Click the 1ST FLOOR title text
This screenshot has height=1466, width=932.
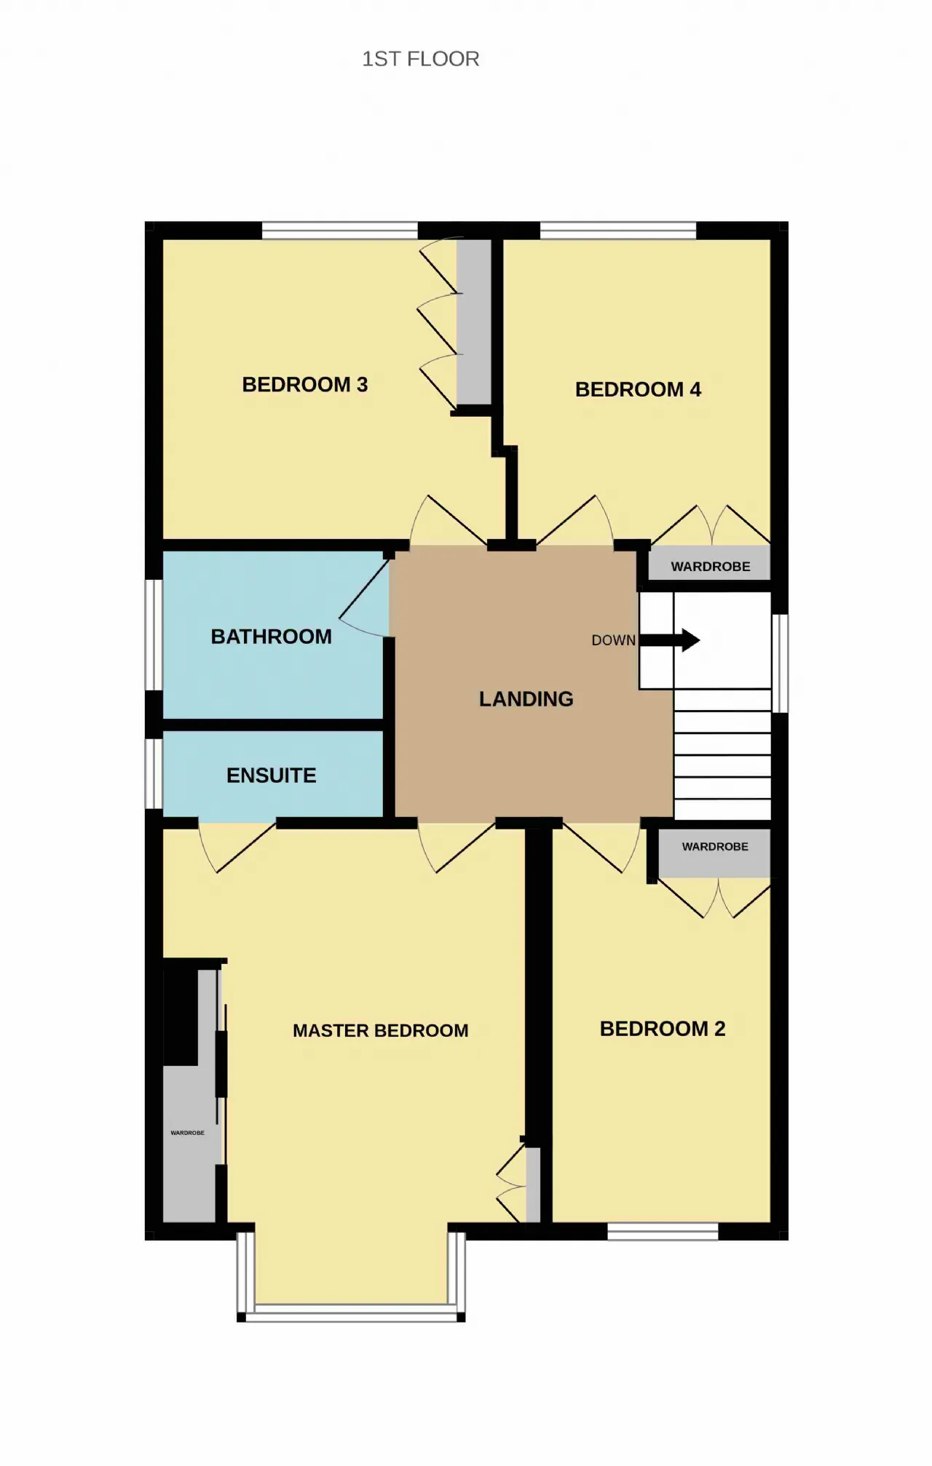click(x=421, y=59)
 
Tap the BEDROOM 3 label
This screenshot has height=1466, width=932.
click(x=305, y=384)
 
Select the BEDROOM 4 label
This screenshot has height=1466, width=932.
click(x=638, y=389)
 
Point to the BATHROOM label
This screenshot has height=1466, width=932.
click(x=271, y=637)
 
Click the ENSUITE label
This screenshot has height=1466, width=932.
click(x=271, y=776)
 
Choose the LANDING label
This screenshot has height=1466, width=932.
click(x=526, y=699)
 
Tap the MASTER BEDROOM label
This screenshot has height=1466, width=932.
click(x=380, y=1031)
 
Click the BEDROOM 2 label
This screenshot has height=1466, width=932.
click(x=663, y=1029)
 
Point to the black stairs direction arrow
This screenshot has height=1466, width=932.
click(x=670, y=640)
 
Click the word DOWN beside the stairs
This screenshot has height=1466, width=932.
click(x=613, y=640)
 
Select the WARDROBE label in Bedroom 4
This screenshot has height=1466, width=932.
click(x=710, y=567)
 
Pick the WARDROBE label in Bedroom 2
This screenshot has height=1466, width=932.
click(x=715, y=847)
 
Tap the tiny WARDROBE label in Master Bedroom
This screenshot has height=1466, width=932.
click(x=187, y=1133)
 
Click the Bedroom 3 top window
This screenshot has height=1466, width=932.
click(x=339, y=231)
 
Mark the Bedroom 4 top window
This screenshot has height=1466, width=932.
click(x=618, y=231)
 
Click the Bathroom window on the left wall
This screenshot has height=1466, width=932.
click(x=154, y=634)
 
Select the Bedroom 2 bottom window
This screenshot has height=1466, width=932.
click(x=663, y=1231)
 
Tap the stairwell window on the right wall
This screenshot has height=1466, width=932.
click(x=780, y=664)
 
